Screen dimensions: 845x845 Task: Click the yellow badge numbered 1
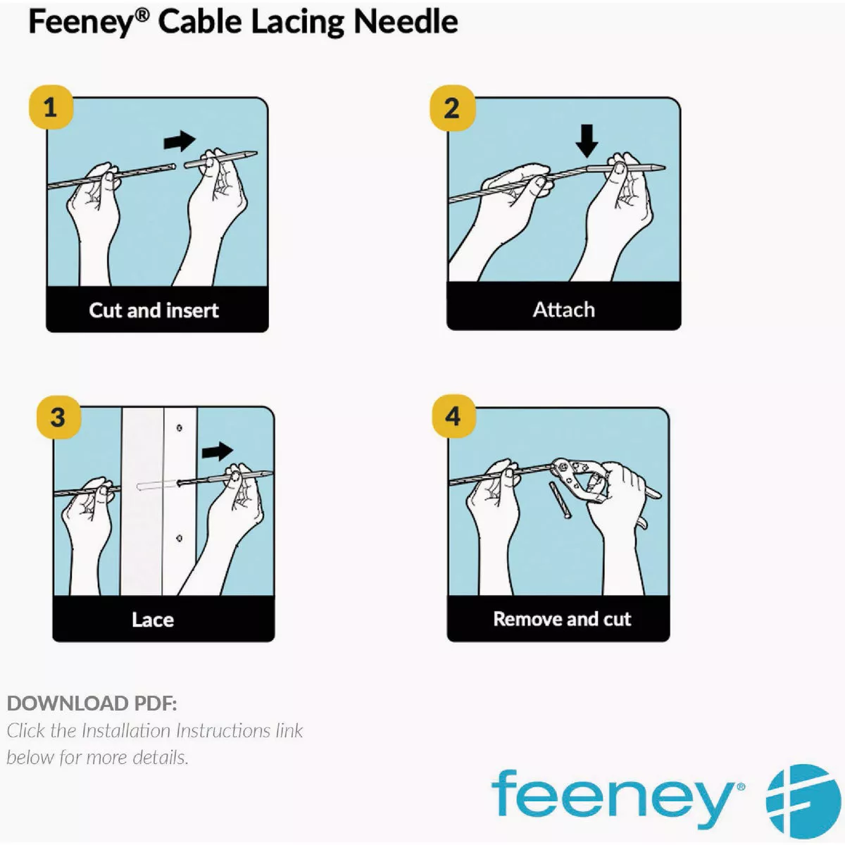click(51, 108)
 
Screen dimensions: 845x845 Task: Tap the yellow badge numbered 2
click(452, 108)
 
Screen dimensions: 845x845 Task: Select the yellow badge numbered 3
click(58, 417)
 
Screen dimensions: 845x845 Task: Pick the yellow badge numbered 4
click(454, 416)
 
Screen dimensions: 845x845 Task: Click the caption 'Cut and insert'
click(154, 311)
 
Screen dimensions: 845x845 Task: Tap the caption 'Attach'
click(564, 310)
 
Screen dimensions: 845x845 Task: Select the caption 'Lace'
click(153, 620)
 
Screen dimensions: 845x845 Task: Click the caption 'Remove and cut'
click(562, 619)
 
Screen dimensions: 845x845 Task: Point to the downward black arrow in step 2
click(587, 141)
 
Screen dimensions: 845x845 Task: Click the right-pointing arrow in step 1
click(180, 142)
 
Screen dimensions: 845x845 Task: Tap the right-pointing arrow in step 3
click(218, 451)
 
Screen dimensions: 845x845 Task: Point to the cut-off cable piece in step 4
click(560, 501)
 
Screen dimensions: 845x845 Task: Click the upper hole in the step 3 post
click(180, 427)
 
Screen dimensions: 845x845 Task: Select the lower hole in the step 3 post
click(180, 538)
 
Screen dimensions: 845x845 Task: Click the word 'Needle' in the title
click(406, 22)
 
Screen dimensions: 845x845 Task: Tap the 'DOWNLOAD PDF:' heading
click(92, 703)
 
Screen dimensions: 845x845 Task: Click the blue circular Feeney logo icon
click(803, 802)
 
